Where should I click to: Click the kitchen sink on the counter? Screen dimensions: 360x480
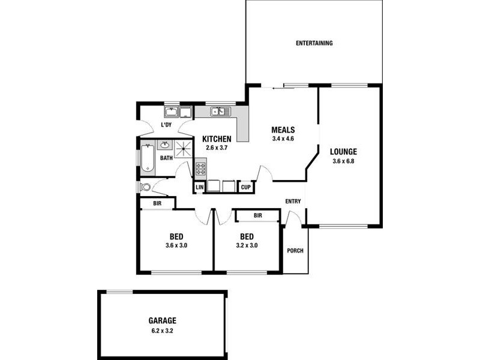(221, 111)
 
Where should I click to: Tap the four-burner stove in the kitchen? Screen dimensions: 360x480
(200, 168)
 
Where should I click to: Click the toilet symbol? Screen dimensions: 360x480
(145, 187)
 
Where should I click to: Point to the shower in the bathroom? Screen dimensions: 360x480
(183, 149)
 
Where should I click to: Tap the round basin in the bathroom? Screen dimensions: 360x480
(163, 145)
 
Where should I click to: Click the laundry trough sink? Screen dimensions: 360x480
(171, 112)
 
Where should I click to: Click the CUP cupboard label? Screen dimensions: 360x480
(245, 188)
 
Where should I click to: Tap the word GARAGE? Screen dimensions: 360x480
(163, 321)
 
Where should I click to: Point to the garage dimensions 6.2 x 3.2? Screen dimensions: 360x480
(163, 330)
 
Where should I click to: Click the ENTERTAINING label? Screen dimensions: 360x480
(314, 43)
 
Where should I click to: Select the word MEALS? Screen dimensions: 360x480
(283, 130)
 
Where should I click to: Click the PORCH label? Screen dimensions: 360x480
(295, 251)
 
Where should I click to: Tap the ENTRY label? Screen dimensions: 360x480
(293, 202)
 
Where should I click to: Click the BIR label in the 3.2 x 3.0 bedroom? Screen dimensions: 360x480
(257, 215)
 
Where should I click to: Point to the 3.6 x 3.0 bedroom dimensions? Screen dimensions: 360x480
(176, 245)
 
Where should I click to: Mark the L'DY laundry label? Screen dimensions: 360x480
(166, 125)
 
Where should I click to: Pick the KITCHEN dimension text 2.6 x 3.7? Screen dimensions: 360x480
(217, 148)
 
